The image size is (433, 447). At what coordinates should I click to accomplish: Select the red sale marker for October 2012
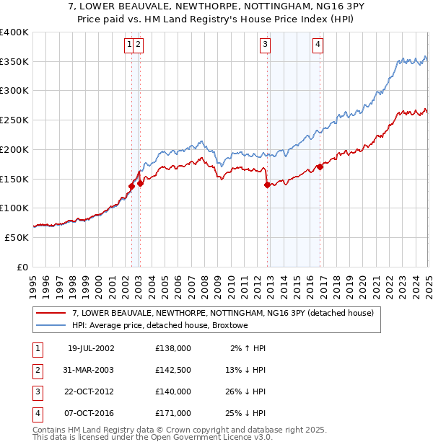point(267,185)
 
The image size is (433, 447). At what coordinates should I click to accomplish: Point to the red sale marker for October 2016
point(320,167)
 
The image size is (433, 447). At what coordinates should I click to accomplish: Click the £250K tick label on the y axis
point(14,120)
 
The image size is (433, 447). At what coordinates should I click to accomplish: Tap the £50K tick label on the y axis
point(17,237)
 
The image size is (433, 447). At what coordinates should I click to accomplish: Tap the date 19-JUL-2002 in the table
point(91,348)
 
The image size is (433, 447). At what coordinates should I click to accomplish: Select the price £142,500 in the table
point(173,370)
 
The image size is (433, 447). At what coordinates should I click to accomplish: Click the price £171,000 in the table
point(173,413)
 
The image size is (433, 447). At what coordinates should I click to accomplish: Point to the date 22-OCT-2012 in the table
point(91,391)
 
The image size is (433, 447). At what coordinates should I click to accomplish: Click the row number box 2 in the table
point(37,370)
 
